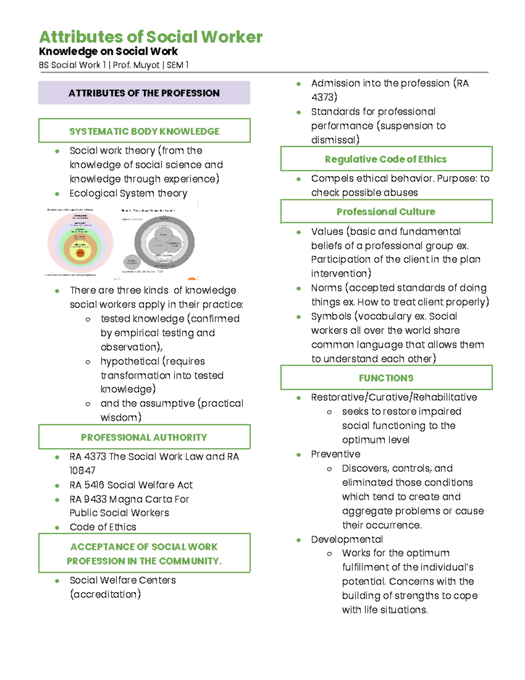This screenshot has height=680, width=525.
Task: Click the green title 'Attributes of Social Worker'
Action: (x=150, y=37)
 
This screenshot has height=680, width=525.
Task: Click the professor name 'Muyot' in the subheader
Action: (x=146, y=65)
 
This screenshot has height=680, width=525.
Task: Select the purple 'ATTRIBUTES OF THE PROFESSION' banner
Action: (x=144, y=93)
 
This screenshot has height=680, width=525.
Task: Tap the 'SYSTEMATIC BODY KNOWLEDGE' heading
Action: (x=144, y=131)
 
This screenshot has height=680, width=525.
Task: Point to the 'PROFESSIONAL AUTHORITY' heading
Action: (x=144, y=437)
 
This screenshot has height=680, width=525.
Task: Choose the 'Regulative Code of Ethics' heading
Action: (x=385, y=159)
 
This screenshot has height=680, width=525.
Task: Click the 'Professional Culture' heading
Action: (x=385, y=212)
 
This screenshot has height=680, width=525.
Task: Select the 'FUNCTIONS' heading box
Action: (x=385, y=378)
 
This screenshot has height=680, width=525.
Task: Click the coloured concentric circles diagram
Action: (x=80, y=243)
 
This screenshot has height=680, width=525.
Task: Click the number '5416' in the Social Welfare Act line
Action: (x=94, y=485)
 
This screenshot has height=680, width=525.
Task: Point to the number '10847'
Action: (x=82, y=471)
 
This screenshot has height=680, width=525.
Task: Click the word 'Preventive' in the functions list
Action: (x=336, y=454)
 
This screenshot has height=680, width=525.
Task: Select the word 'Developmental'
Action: (x=347, y=539)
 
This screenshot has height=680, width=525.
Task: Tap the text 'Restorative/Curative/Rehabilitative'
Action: (x=394, y=397)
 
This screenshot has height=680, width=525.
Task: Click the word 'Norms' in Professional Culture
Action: (x=326, y=288)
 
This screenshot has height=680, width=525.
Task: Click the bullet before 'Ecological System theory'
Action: (x=57, y=194)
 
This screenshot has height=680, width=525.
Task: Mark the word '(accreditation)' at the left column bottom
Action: (x=105, y=595)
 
